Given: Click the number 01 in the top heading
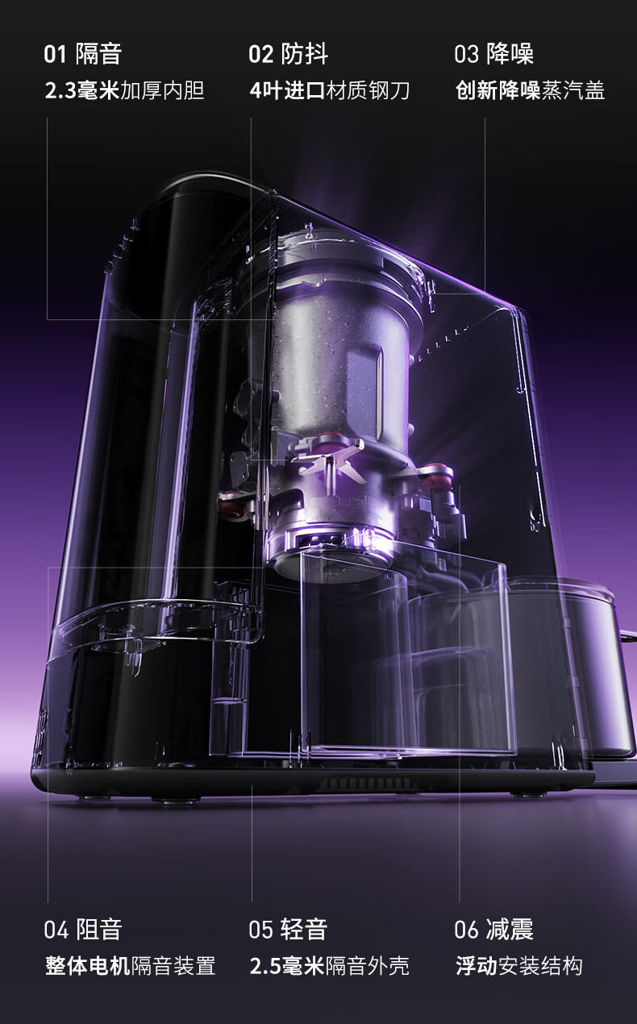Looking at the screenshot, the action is click(56, 54).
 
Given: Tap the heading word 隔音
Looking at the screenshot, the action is click(98, 54).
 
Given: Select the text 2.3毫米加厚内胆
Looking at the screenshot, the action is click(124, 90).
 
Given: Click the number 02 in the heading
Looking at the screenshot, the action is click(260, 54).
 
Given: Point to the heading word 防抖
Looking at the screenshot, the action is click(305, 54).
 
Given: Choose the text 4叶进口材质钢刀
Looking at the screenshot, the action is click(330, 90).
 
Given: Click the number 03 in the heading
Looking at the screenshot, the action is click(466, 54).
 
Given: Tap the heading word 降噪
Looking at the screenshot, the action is click(510, 54).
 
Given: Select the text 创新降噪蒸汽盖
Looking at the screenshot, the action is click(530, 90).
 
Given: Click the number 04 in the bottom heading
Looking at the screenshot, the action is click(56, 930).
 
